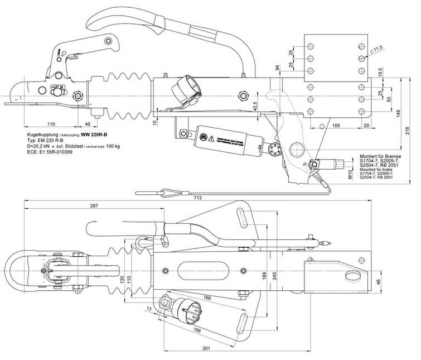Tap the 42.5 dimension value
[254, 105]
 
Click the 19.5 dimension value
[380, 73]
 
